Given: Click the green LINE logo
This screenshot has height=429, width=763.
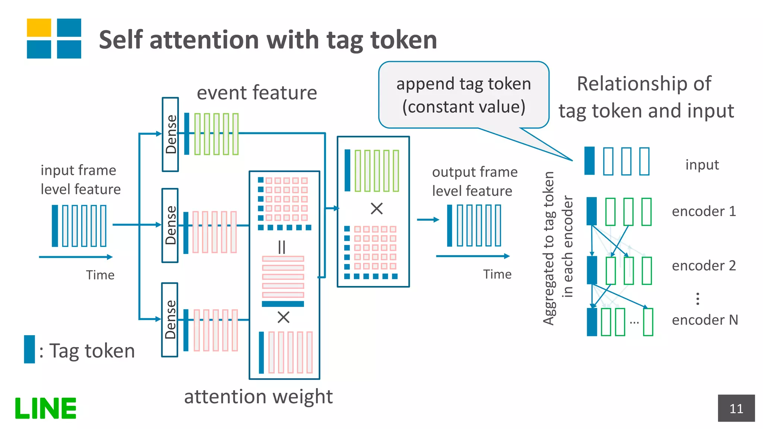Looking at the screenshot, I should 45,408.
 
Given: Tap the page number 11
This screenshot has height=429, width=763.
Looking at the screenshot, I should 736,409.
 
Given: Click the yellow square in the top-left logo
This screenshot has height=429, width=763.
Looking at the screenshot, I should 39,28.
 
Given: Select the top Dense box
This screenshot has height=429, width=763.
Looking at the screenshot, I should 170,134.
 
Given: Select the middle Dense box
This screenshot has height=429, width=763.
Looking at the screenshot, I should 170,225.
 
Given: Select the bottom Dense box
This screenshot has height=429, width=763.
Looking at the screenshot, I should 170,320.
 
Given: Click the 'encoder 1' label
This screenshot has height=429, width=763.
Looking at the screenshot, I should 704,211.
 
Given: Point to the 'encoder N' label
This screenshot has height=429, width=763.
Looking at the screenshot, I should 705,320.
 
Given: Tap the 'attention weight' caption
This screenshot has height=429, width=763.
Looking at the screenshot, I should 258,396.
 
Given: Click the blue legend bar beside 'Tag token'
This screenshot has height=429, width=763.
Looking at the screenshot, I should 29,349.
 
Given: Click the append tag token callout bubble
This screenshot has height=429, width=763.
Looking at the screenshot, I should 463,95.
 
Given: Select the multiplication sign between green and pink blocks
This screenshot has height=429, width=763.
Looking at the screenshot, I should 377,209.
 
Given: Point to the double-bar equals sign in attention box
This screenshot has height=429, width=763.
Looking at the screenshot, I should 282,247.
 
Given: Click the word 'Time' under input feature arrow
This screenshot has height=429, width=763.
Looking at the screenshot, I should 100,275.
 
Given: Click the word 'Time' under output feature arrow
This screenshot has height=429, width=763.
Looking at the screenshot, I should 497,274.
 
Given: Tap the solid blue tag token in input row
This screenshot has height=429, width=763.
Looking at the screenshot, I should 589,161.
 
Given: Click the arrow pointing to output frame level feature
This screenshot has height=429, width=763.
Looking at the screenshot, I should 428,220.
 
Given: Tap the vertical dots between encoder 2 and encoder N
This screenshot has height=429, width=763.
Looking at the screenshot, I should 697,299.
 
